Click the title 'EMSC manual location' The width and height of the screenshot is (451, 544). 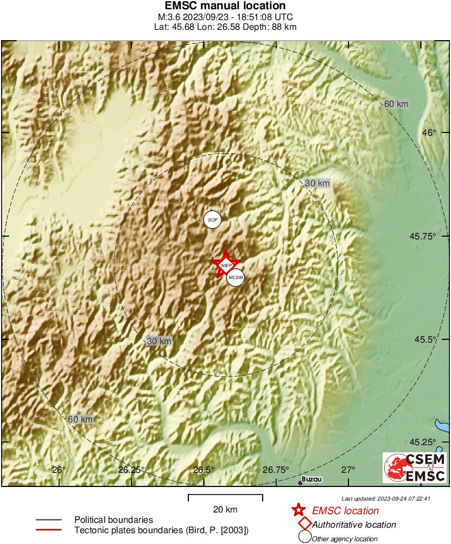(x=225, y=6)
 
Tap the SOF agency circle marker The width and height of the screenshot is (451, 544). (x=213, y=220)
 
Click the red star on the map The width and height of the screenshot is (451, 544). (x=226, y=264)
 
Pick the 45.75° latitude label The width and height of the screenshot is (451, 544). (x=425, y=236)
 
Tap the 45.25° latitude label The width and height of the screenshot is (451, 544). (x=425, y=442)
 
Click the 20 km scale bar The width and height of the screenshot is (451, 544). (x=225, y=498)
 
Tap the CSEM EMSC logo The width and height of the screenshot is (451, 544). (x=415, y=468)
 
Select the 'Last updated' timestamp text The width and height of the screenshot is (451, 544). (x=386, y=498)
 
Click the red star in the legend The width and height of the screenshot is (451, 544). (x=298, y=510)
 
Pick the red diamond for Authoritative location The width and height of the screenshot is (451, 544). (x=304, y=524)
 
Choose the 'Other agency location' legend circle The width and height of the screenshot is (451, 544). (x=304, y=538)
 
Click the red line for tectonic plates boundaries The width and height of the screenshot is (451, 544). (x=48, y=530)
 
